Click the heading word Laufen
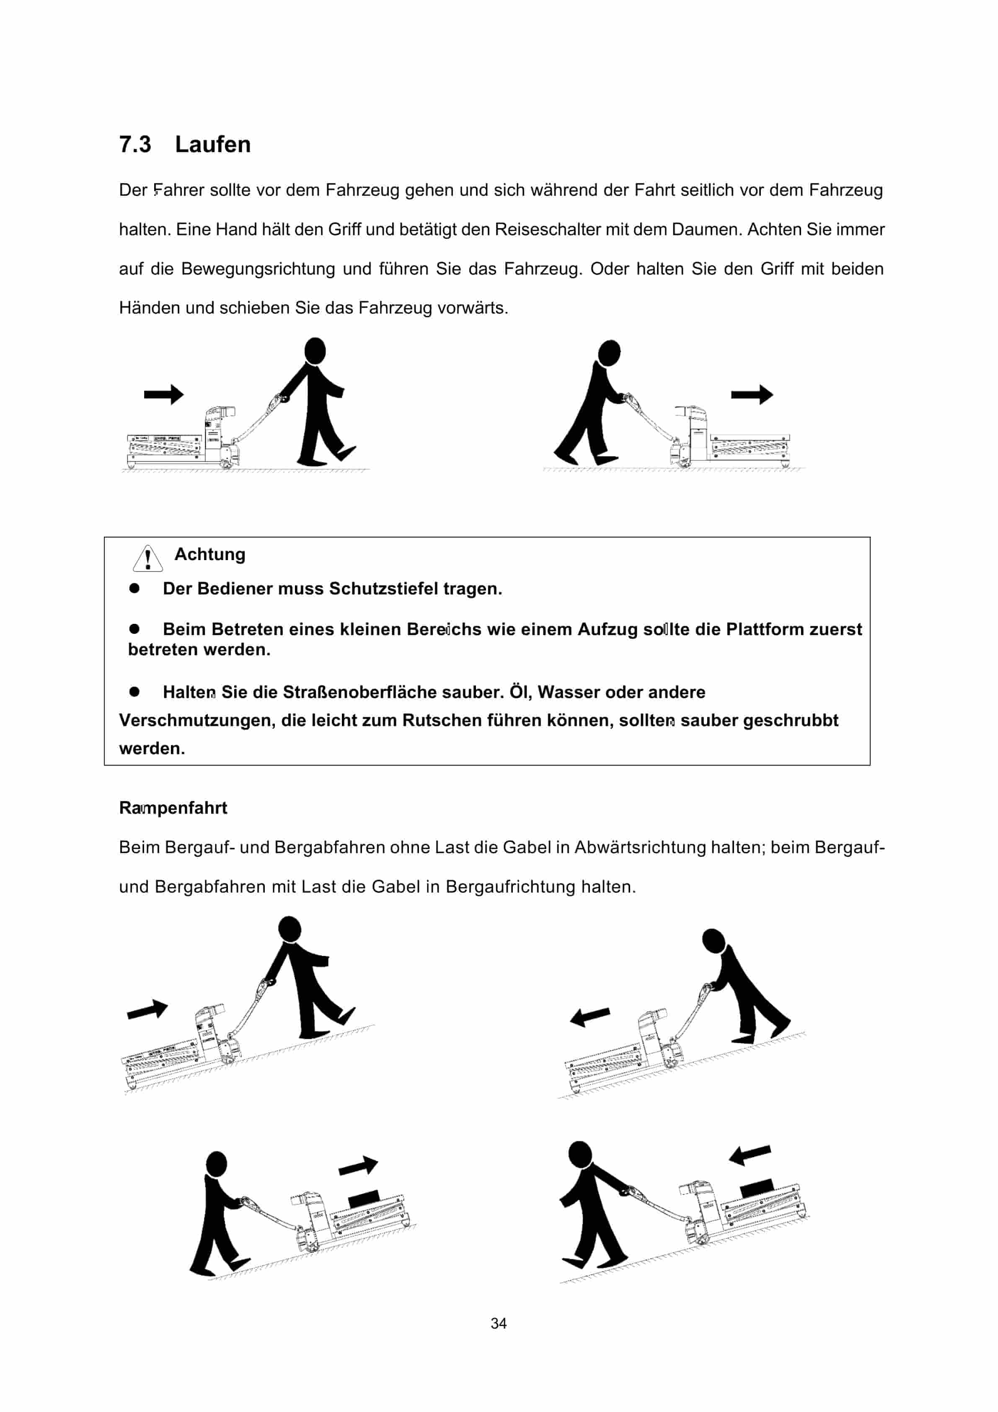[x=212, y=145]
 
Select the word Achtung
[x=209, y=554]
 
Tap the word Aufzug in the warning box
[x=607, y=629]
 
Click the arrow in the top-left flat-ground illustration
[x=163, y=394]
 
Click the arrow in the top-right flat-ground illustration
[x=751, y=394]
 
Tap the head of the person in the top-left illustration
[x=315, y=350]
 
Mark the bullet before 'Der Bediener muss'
[x=134, y=589]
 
